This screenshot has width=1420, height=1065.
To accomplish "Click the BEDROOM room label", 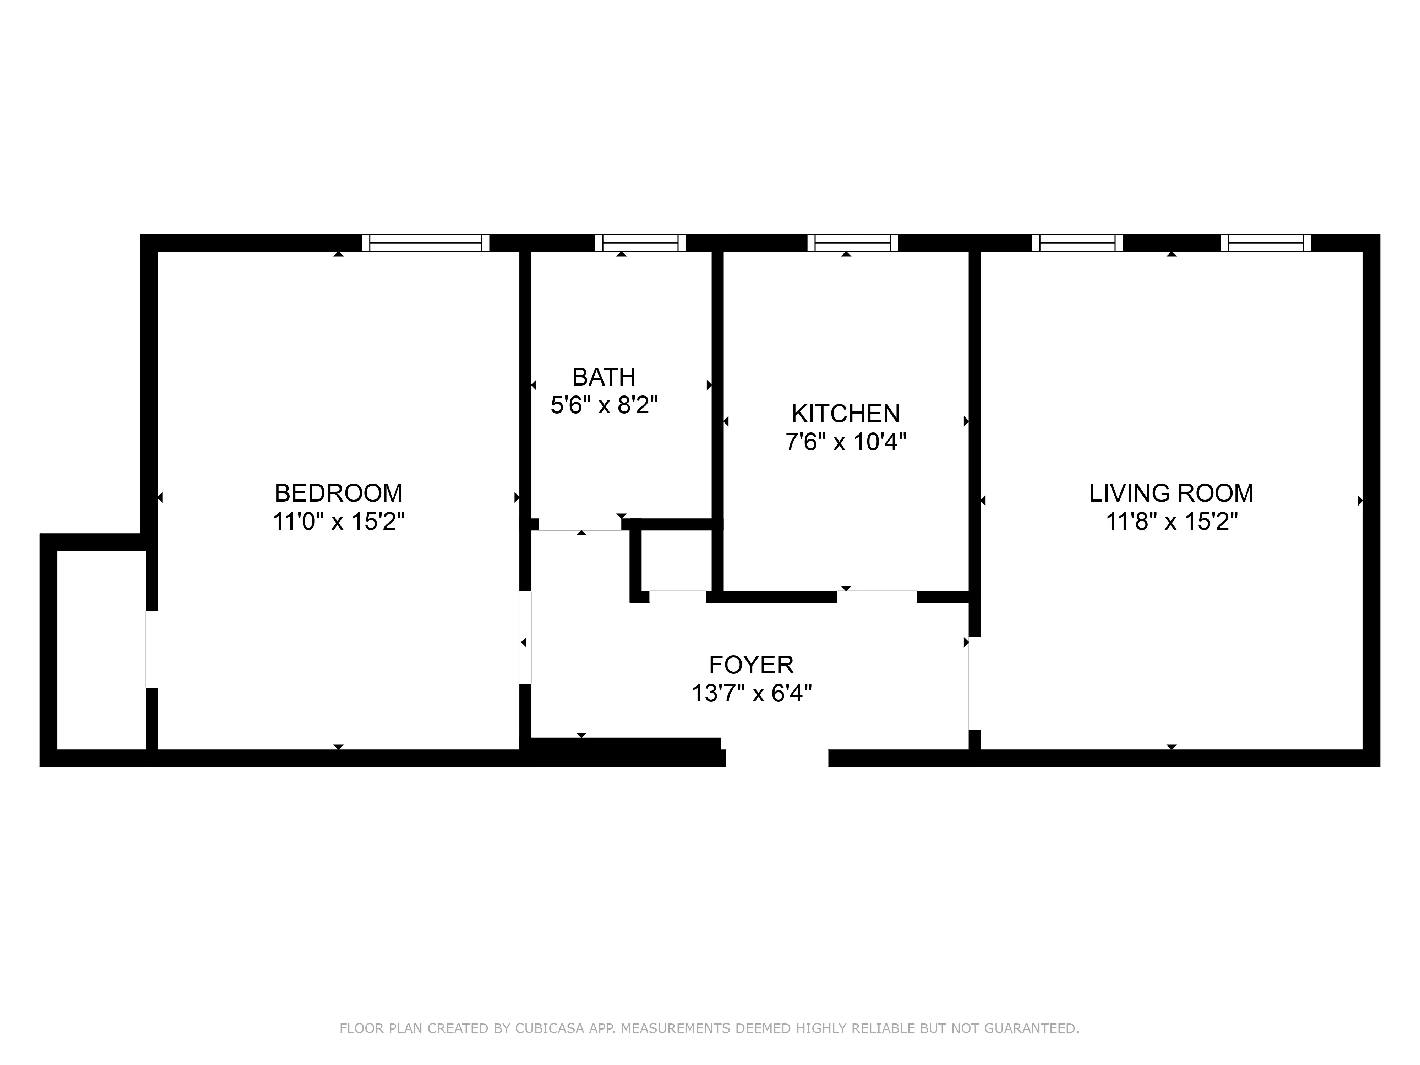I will coord(338,493).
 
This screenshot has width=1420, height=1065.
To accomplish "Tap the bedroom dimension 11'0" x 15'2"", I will coord(338,521).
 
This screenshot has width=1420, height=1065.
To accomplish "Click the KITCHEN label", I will coord(846,414).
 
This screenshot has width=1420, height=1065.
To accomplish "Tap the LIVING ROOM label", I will coord(1171,493).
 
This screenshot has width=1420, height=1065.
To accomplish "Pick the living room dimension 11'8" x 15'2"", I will coord(1171,521).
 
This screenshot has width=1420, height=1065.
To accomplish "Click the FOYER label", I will coord(751,665).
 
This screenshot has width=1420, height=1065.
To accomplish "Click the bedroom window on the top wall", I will coord(426,243).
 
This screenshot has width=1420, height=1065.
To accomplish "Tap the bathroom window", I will coord(640,243).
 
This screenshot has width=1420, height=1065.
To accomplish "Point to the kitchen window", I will coord(852,243).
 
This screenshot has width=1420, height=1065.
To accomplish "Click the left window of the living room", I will coord(1077,243).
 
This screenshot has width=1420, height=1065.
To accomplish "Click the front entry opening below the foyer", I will coord(777,758).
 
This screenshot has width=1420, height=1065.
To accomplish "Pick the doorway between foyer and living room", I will coord(974,683).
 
